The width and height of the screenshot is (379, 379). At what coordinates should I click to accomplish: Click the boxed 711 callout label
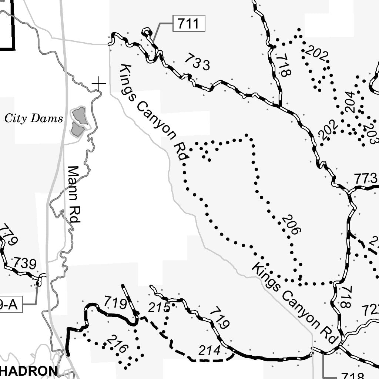click(188, 24)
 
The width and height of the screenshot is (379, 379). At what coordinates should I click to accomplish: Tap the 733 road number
click(197, 62)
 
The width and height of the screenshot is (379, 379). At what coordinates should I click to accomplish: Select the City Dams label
click(34, 118)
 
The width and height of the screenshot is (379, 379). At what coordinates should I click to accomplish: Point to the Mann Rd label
click(73, 194)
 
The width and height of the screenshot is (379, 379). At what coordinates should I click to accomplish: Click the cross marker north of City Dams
click(99, 84)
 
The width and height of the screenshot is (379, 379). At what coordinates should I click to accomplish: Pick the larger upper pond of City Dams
click(80, 115)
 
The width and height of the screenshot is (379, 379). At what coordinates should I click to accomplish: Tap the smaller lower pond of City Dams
click(77, 130)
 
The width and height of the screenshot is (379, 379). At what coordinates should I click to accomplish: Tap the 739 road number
click(25, 264)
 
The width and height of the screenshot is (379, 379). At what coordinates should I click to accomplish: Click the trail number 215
click(159, 307)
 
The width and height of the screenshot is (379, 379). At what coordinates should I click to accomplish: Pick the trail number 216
click(117, 344)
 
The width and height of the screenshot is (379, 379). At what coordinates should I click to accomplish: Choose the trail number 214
click(209, 350)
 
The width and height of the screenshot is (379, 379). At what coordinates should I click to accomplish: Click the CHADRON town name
click(29, 371)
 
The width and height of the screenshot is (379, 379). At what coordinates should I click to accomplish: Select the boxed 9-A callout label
click(10, 305)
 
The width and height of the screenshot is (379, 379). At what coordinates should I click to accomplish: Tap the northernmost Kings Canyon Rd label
click(154, 112)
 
